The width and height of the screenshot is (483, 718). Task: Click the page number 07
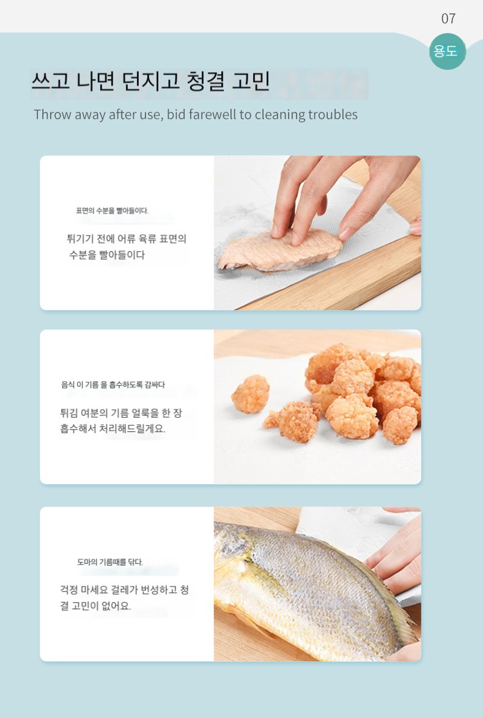coord(448,18)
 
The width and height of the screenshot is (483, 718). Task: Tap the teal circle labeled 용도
coord(448,51)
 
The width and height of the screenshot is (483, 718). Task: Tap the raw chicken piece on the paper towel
coord(280,250)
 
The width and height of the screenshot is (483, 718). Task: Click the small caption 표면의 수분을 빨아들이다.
coord(112,210)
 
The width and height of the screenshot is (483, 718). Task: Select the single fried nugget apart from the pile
coord(251,394)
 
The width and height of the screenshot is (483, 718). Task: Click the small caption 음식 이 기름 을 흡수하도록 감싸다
coord(113,385)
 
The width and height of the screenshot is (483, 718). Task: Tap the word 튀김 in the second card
coord(68,413)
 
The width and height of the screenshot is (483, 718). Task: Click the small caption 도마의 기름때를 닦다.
coord(110,562)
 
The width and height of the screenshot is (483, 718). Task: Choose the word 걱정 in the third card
coord(68,590)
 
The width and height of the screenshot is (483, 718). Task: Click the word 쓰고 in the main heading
coord(50,81)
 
